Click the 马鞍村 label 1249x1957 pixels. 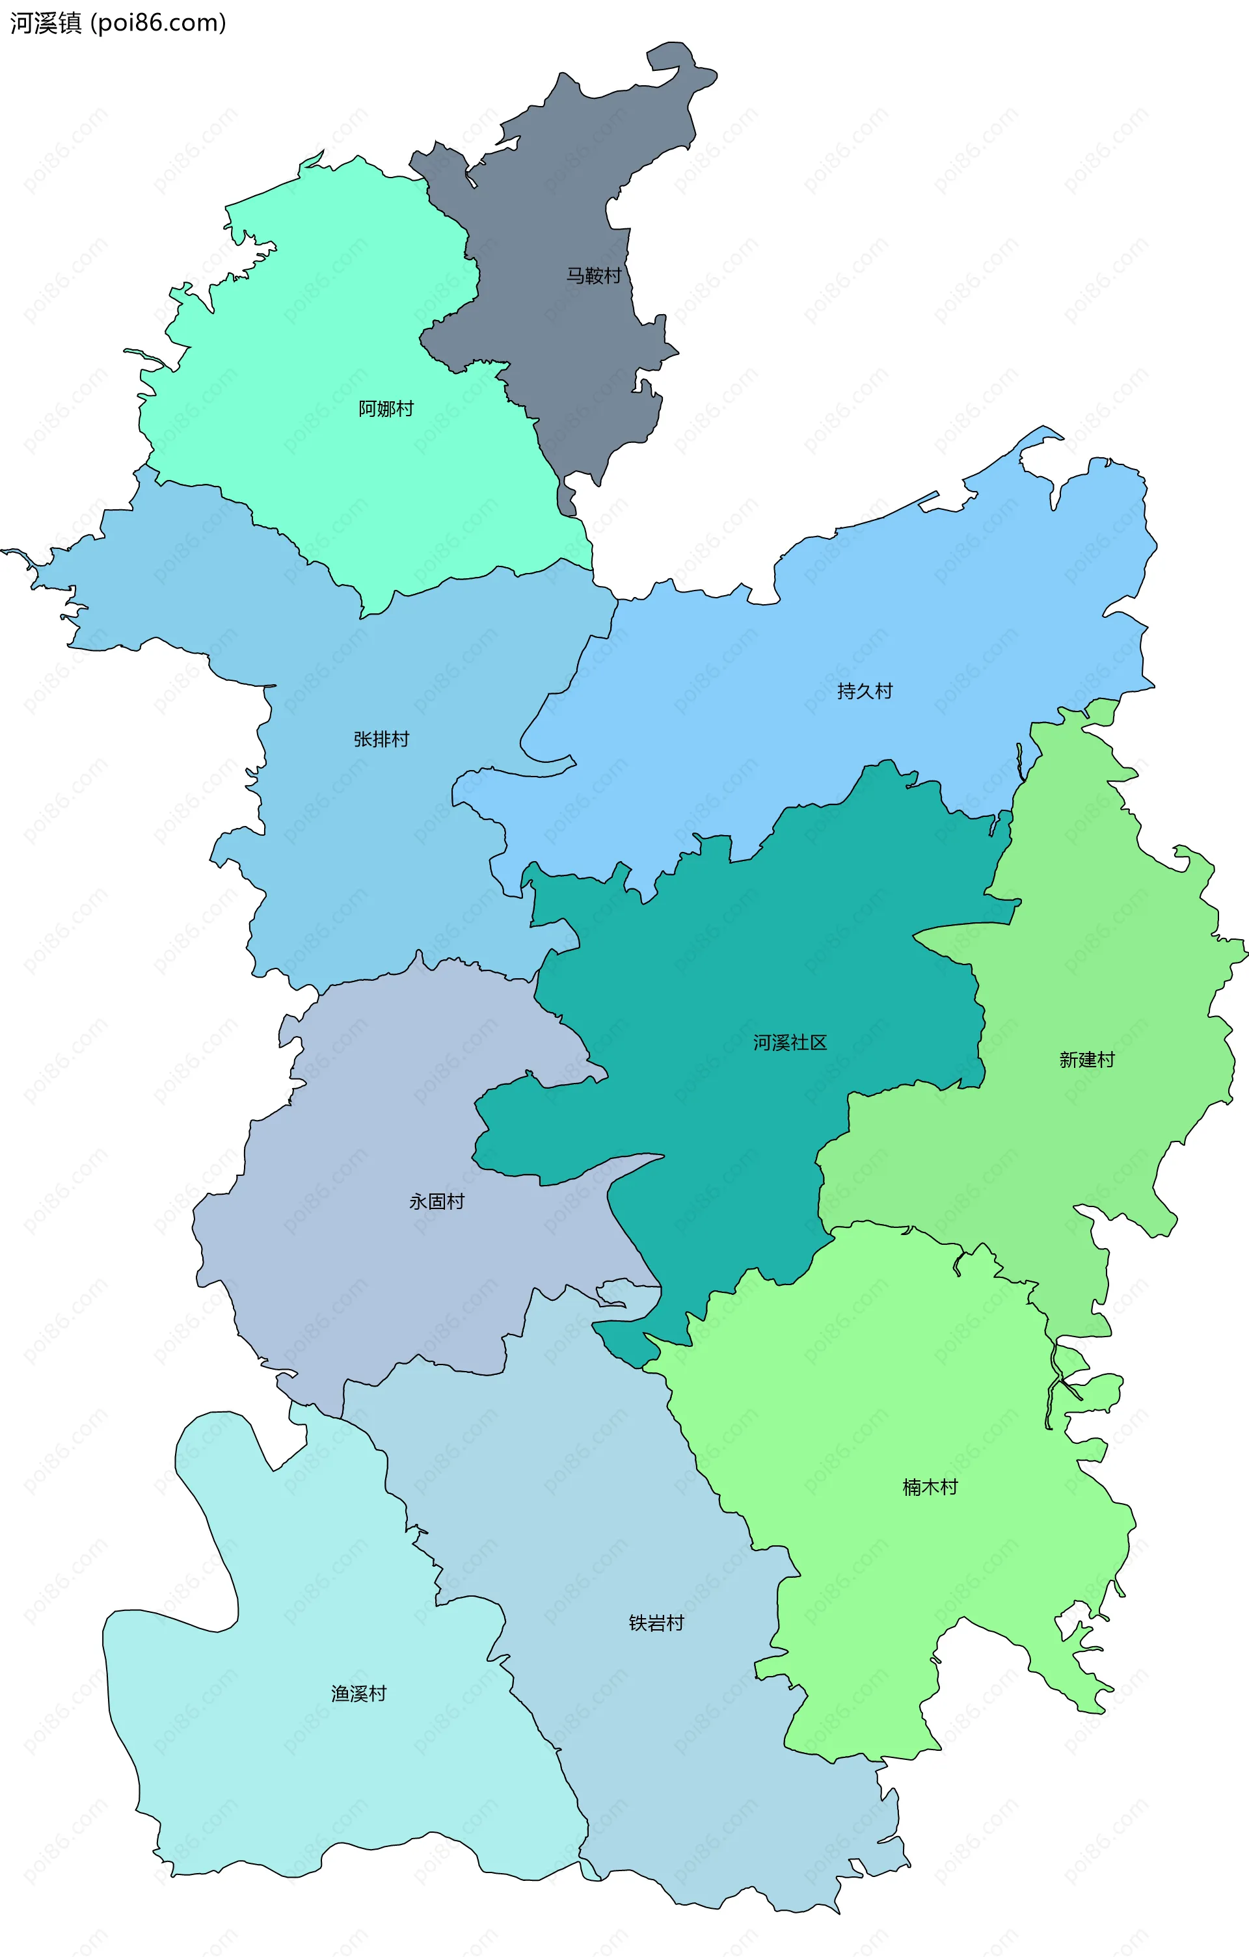tap(593, 276)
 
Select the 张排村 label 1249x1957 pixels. tap(381, 739)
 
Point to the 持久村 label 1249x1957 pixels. tap(865, 691)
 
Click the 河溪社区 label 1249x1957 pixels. tap(789, 1042)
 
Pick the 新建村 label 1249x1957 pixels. tap(1086, 1059)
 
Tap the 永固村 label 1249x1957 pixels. tap(436, 1201)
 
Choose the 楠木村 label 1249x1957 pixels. tap(930, 1486)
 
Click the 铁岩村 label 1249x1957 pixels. tap(656, 1623)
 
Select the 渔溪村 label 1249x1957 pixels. tap(358, 1693)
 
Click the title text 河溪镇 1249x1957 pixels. tap(46, 23)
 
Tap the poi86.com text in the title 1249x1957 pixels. tap(159, 23)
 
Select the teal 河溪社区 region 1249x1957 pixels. tap(731, 1138)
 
